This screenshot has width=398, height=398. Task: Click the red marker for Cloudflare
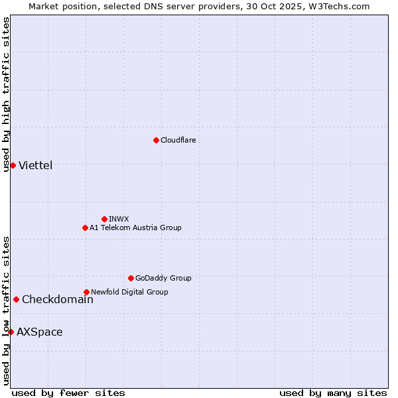(156, 140)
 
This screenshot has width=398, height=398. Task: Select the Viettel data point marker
(13, 165)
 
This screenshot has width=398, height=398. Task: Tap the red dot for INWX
(104, 219)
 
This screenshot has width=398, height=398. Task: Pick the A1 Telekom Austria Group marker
(85, 228)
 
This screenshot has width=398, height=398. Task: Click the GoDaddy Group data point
(131, 278)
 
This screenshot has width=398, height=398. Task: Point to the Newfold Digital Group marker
(86, 292)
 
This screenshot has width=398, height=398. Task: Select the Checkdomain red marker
(16, 299)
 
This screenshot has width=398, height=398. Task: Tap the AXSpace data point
(11, 332)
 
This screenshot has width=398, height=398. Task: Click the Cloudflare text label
(178, 140)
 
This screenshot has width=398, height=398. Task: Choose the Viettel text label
(36, 165)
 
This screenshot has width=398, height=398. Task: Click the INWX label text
(119, 219)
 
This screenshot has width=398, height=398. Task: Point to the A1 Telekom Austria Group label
(135, 228)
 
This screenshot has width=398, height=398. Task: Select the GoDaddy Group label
(163, 278)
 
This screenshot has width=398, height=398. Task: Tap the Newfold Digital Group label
(129, 292)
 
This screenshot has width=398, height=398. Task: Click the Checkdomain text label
(58, 299)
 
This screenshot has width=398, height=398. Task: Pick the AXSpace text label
(40, 332)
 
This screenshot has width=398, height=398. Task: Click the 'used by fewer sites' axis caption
(68, 393)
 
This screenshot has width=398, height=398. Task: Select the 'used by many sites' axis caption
(333, 393)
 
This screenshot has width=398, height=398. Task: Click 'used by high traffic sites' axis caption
(7, 94)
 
